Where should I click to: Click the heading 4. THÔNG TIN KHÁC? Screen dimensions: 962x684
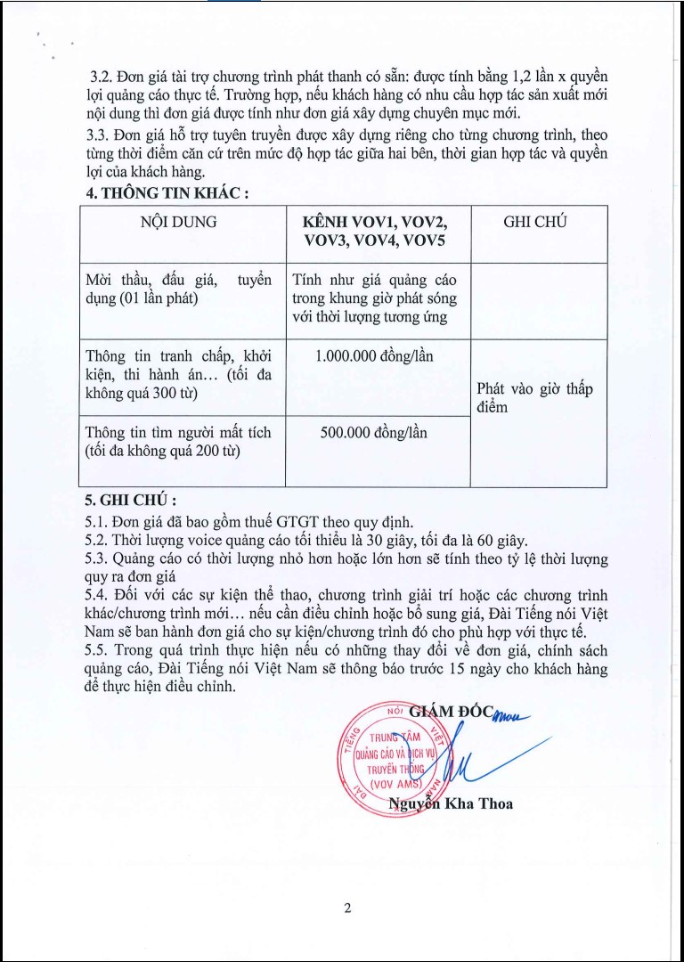(163, 192)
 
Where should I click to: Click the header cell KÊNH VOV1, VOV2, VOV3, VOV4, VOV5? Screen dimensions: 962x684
(375, 232)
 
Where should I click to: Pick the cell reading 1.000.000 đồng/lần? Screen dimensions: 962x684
(374, 356)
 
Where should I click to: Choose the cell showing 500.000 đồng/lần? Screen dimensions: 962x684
(374, 433)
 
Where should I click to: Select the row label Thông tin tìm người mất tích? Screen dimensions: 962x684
(178, 442)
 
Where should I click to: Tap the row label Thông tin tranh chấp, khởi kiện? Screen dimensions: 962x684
(178, 374)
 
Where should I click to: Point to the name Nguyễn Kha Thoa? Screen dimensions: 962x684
(451, 803)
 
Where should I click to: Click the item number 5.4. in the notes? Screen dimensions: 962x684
(94, 594)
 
